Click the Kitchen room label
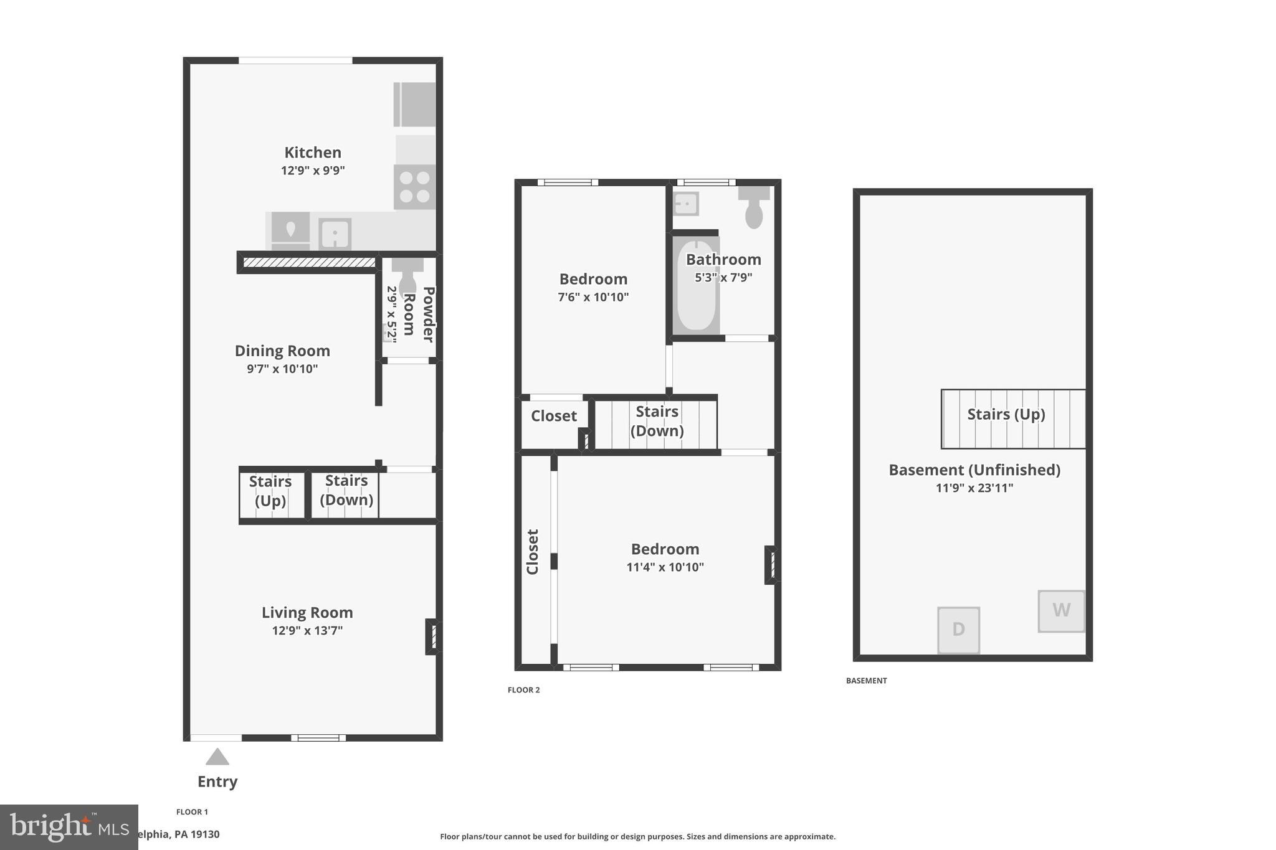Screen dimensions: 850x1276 312,153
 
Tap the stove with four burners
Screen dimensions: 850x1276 414,187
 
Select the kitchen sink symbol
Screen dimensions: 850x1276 335,234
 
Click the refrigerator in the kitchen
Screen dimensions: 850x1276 415,105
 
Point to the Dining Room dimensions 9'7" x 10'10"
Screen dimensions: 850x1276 282,369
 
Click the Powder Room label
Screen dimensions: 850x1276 419,314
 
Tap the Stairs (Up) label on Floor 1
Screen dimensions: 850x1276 270,491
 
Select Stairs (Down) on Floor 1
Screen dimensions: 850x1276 346,490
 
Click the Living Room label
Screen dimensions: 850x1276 307,612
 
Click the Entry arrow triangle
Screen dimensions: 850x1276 217,757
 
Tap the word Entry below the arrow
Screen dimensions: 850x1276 217,782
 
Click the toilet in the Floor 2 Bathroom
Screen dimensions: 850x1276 754,209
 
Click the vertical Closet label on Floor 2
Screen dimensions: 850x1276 533,552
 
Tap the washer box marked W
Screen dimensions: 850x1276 1061,611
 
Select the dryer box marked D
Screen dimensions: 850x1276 958,630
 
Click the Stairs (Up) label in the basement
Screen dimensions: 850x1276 1006,414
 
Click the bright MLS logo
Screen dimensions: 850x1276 69,827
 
